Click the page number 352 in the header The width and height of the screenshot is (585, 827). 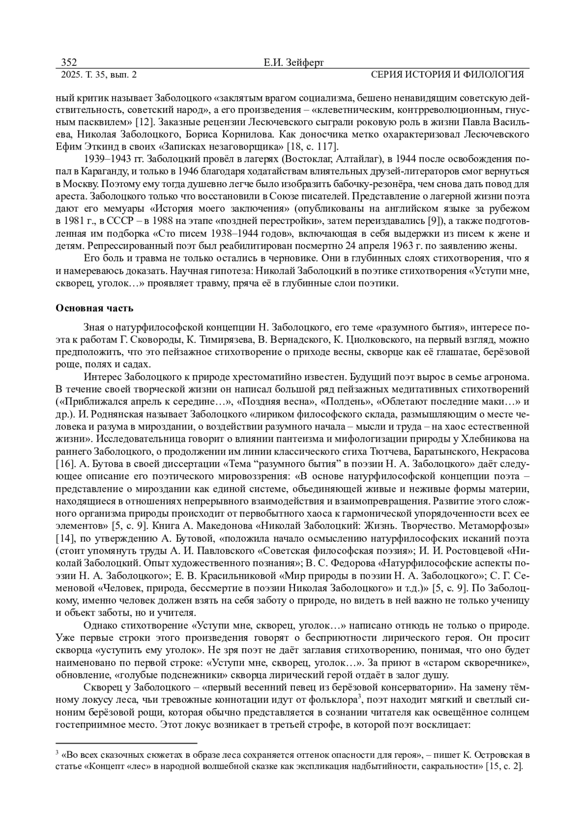click(x=69, y=62)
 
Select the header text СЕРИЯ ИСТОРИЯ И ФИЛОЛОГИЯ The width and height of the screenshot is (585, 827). click(x=447, y=75)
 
